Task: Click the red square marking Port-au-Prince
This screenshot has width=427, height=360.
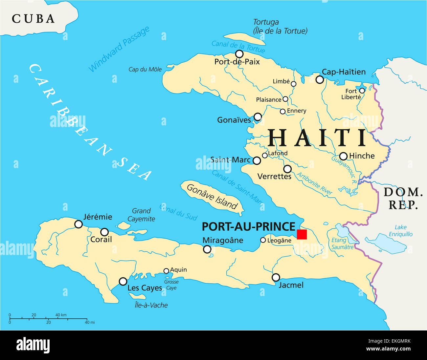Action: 302,234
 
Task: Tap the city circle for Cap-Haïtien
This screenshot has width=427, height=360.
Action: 320,79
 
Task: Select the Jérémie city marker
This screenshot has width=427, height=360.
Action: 79,224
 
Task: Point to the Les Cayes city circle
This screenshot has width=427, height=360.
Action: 123,281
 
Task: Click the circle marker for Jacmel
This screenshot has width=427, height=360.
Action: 276,277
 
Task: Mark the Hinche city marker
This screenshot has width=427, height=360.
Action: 343,156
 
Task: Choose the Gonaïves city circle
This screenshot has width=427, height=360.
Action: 258,117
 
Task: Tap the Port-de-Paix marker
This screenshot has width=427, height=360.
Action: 239,54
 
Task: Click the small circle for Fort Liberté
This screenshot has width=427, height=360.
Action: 362,91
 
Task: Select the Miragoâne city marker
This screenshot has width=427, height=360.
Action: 207,249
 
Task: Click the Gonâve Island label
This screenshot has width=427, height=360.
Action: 212,197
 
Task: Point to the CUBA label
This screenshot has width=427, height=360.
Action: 33,19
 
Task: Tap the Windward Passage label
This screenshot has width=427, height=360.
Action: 119,49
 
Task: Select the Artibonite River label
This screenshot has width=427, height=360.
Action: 314,183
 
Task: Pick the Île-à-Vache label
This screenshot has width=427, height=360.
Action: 151,305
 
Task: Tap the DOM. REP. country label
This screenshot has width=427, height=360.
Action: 403,198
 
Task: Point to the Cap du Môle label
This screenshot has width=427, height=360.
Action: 145,69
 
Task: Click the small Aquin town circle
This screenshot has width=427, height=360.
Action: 166,271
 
